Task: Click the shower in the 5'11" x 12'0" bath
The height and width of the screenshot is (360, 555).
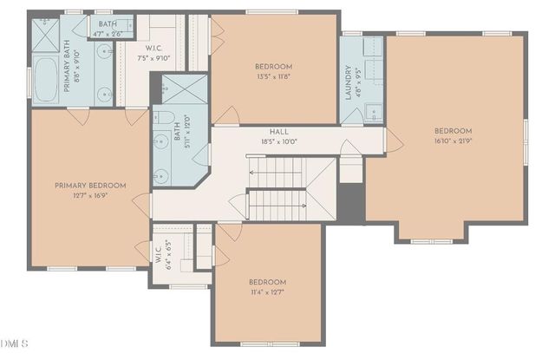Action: pos(179,90)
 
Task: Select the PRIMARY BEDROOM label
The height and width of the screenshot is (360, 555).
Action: pos(90,185)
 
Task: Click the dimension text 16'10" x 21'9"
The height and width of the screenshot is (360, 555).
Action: pos(454,141)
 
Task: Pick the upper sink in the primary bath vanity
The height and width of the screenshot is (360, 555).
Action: pos(105,55)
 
